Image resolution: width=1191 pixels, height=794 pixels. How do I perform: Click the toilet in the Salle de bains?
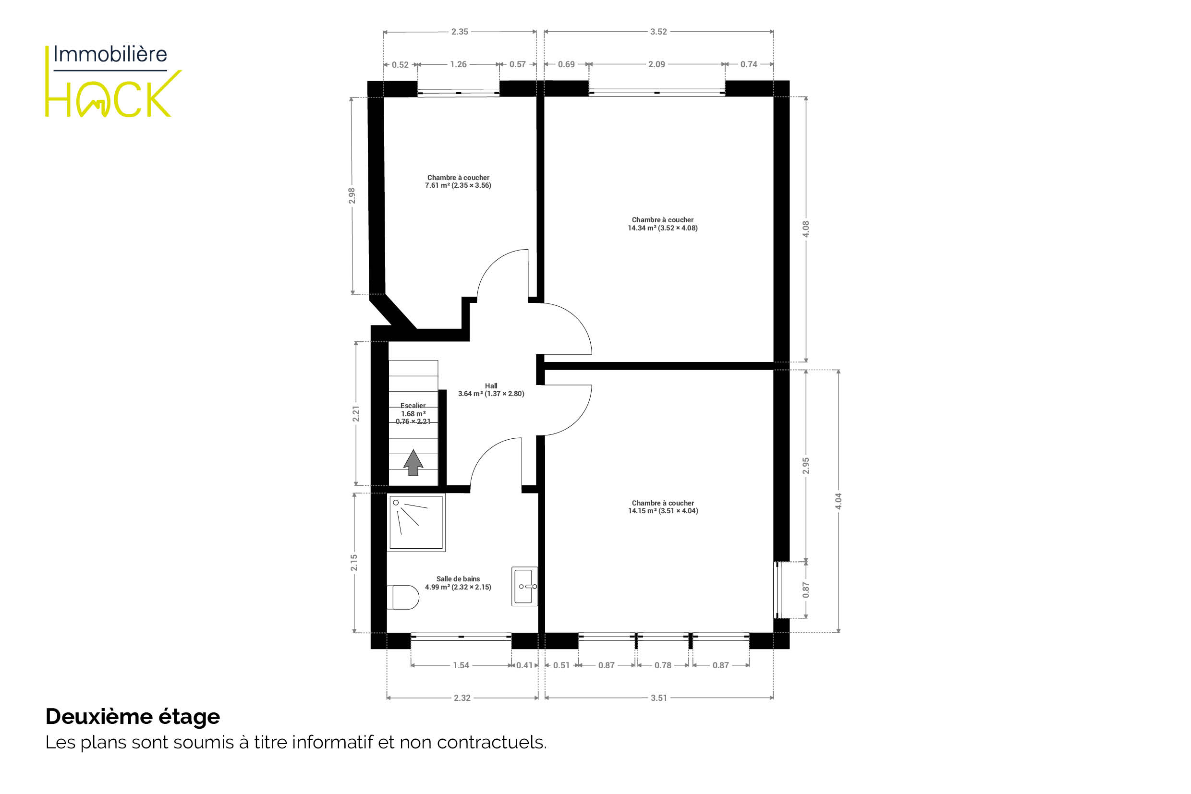point(403,597)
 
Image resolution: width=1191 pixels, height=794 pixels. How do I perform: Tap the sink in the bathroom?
point(524,587)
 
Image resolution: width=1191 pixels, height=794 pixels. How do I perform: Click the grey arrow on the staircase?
point(413,462)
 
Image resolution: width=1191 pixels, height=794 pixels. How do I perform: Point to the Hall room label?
point(491,389)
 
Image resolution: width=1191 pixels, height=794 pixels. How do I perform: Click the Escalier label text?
point(413,413)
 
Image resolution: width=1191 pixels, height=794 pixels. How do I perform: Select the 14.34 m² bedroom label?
point(663,224)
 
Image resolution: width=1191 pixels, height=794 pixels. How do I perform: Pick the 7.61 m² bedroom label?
point(458,181)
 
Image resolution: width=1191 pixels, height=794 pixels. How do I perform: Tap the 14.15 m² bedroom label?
point(663,507)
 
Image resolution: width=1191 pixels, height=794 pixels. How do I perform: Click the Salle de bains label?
point(458,583)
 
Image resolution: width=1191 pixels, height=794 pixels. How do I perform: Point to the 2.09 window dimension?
point(656,64)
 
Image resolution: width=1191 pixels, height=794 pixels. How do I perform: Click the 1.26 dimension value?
point(459,64)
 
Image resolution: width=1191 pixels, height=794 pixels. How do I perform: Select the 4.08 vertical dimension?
point(806,229)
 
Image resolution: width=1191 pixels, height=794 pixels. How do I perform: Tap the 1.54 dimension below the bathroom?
point(461,665)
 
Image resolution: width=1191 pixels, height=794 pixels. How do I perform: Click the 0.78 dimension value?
point(663,665)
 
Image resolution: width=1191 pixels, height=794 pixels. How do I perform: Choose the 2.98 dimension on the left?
point(352,196)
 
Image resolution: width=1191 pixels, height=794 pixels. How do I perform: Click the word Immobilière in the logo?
point(110,54)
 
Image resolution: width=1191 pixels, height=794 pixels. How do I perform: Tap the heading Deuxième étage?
point(133,717)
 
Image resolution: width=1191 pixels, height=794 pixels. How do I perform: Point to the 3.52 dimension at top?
point(658,31)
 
